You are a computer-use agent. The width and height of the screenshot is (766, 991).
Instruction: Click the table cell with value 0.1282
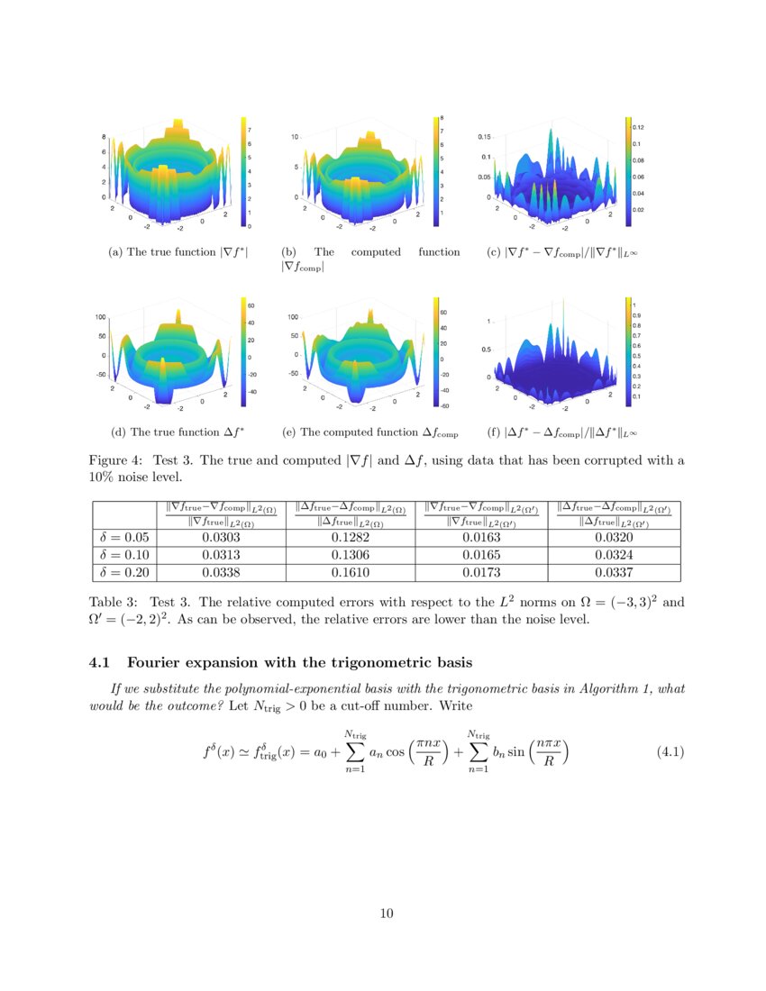click(x=349, y=539)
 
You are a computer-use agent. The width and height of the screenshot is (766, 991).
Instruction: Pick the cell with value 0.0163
click(x=481, y=539)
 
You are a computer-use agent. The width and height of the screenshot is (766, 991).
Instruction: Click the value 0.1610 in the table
click(x=349, y=572)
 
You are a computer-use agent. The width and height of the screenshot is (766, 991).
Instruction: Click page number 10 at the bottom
click(x=387, y=914)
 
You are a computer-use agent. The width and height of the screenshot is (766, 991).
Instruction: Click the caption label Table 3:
click(x=114, y=601)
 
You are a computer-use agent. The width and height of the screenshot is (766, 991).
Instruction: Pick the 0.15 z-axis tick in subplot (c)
click(x=484, y=137)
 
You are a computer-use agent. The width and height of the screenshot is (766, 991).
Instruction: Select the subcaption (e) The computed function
click(x=369, y=432)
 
